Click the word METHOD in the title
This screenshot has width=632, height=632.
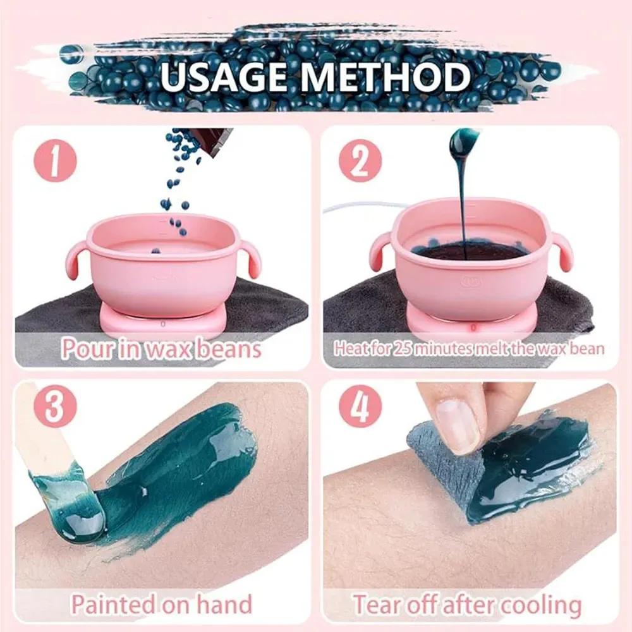(x=392, y=76)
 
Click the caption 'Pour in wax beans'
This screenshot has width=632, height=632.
(x=161, y=348)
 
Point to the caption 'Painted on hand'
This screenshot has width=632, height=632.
(x=161, y=604)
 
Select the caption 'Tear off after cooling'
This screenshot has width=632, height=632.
(x=467, y=604)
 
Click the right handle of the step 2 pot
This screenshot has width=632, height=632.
(x=559, y=250)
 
